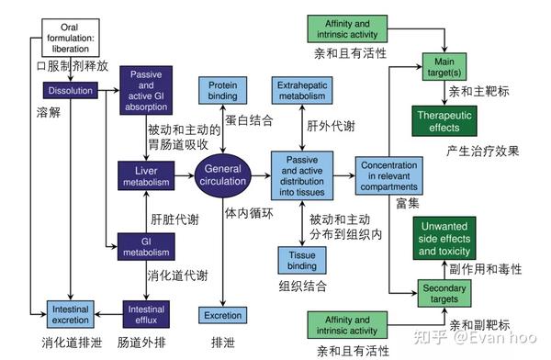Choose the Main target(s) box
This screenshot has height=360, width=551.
pos(444,65)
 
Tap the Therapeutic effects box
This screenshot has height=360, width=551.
pos(444,121)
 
